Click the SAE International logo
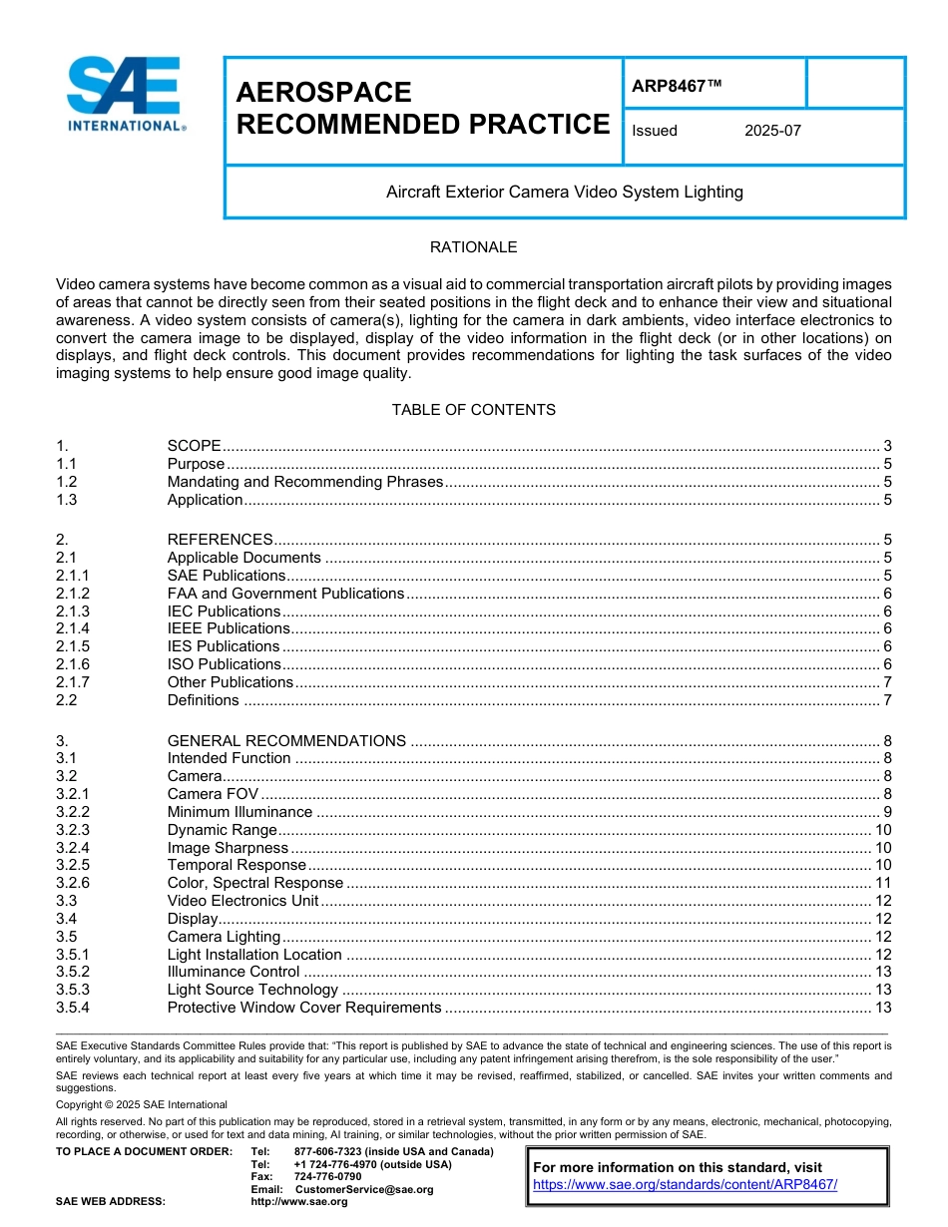click(126, 94)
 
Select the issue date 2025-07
click(772, 131)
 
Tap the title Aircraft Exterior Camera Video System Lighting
click(564, 192)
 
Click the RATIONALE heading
click(473, 247)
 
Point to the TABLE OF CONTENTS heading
click(473, 410)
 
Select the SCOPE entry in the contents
click(194, 446)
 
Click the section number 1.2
click(67, 482)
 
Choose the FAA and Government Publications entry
click(285, 594)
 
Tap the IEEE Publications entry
click(229, 628)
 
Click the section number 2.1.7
click(73, 682)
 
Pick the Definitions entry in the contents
click(203, 700)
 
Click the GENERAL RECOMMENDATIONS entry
click(286, 741)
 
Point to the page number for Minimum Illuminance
click(886, 812)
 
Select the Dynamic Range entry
click(222, 830)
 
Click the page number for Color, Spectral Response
click(882, 883)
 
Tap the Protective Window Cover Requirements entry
click(303, 1008)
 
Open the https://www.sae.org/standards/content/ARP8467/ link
click(685, 1185)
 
